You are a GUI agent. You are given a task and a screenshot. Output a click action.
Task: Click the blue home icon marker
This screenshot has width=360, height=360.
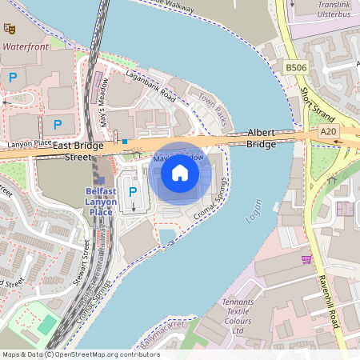point(180,173)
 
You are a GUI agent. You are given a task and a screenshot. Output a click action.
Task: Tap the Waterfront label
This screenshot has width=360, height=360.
point(26,47)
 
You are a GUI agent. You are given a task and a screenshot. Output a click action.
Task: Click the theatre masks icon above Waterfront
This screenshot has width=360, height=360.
point(10,29)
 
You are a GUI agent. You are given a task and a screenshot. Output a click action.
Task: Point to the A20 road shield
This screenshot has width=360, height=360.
point(328,130)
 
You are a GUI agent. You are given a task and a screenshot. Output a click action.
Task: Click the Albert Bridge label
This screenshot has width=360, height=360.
point(262,138)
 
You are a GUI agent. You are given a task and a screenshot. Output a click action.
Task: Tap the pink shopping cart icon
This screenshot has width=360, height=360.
point(306,258)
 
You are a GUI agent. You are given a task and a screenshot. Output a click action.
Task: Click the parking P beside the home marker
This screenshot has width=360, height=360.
point(133,192)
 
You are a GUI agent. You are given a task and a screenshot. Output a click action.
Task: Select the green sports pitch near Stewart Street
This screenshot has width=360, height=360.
point(47,325)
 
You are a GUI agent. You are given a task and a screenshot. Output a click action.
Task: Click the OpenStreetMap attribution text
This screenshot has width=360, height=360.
point(80,354)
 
